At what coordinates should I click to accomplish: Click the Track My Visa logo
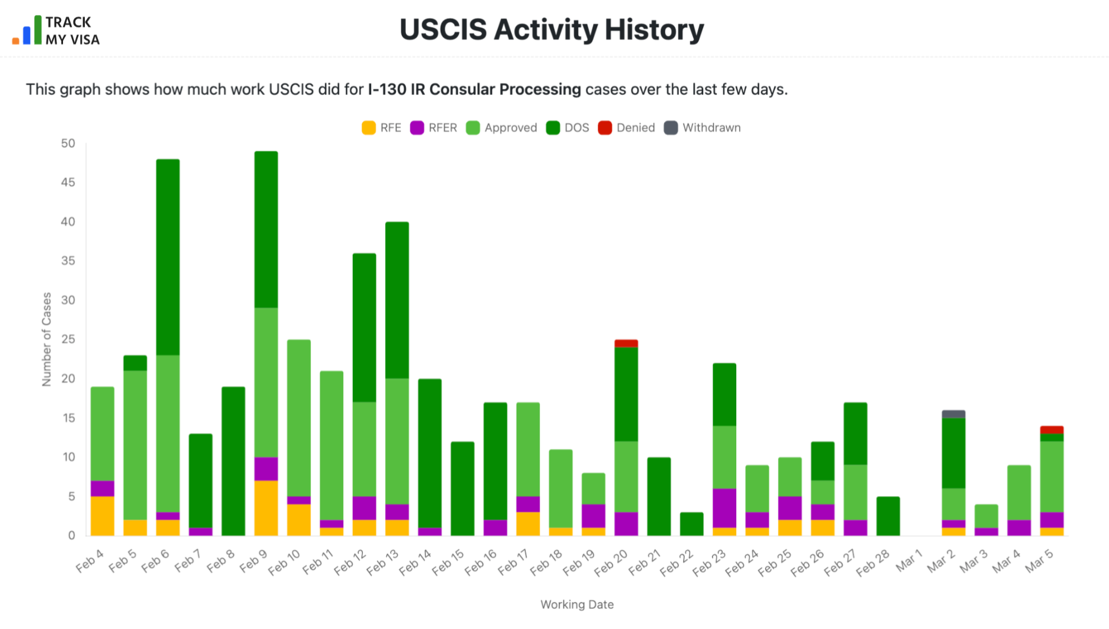56,30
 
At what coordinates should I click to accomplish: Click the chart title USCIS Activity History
551,30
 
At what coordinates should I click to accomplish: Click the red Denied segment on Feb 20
626,343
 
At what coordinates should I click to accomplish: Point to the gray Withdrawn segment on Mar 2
953,414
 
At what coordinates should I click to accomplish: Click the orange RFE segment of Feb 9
266,508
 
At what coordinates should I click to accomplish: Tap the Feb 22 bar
691,524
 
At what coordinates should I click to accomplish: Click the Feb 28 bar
888,516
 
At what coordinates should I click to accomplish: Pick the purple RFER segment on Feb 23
724,508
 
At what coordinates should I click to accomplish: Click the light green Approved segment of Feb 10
299,418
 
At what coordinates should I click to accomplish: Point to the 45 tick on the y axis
68,183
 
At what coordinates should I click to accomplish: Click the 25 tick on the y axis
68,339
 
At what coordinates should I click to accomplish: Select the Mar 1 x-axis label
910,561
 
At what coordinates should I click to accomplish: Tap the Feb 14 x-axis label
416,562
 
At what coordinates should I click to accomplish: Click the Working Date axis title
577,604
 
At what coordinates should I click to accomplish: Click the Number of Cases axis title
47,339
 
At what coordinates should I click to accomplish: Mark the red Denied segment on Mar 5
1051,430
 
